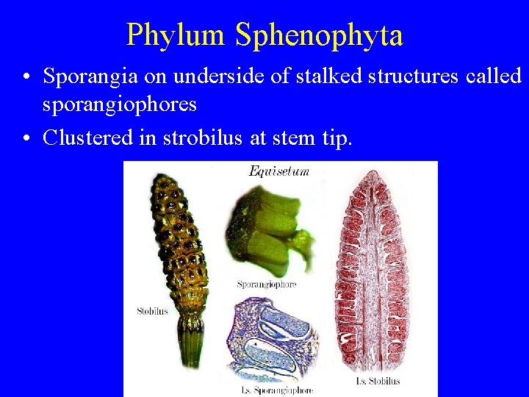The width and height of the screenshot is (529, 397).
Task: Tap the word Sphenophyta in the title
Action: (x=319, y=35)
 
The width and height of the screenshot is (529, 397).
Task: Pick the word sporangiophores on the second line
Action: (x=120, y=104)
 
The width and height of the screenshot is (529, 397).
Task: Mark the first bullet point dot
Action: (x=26, y=76)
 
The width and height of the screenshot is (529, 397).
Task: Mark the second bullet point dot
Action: (x=26, y=137)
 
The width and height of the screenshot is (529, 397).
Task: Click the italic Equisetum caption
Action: (x=279, y=171)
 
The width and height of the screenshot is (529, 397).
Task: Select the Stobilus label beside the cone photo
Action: (x=152, y=311)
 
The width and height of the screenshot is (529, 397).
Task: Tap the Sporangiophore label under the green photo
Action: (x=266, y=284)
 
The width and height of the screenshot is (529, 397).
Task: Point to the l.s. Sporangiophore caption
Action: (x=277, y=390)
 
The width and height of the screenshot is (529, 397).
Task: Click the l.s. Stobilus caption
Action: (x=377, y=381)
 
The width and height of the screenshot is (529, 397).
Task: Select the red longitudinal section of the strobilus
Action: (x=375, y=272)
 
